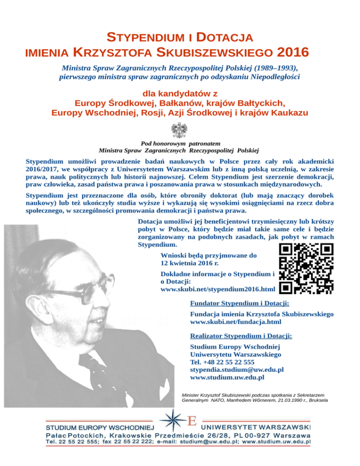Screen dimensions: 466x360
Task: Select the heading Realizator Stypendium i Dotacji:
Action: [241, 336]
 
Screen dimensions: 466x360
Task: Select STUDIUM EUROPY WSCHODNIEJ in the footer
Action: [99, 428]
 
